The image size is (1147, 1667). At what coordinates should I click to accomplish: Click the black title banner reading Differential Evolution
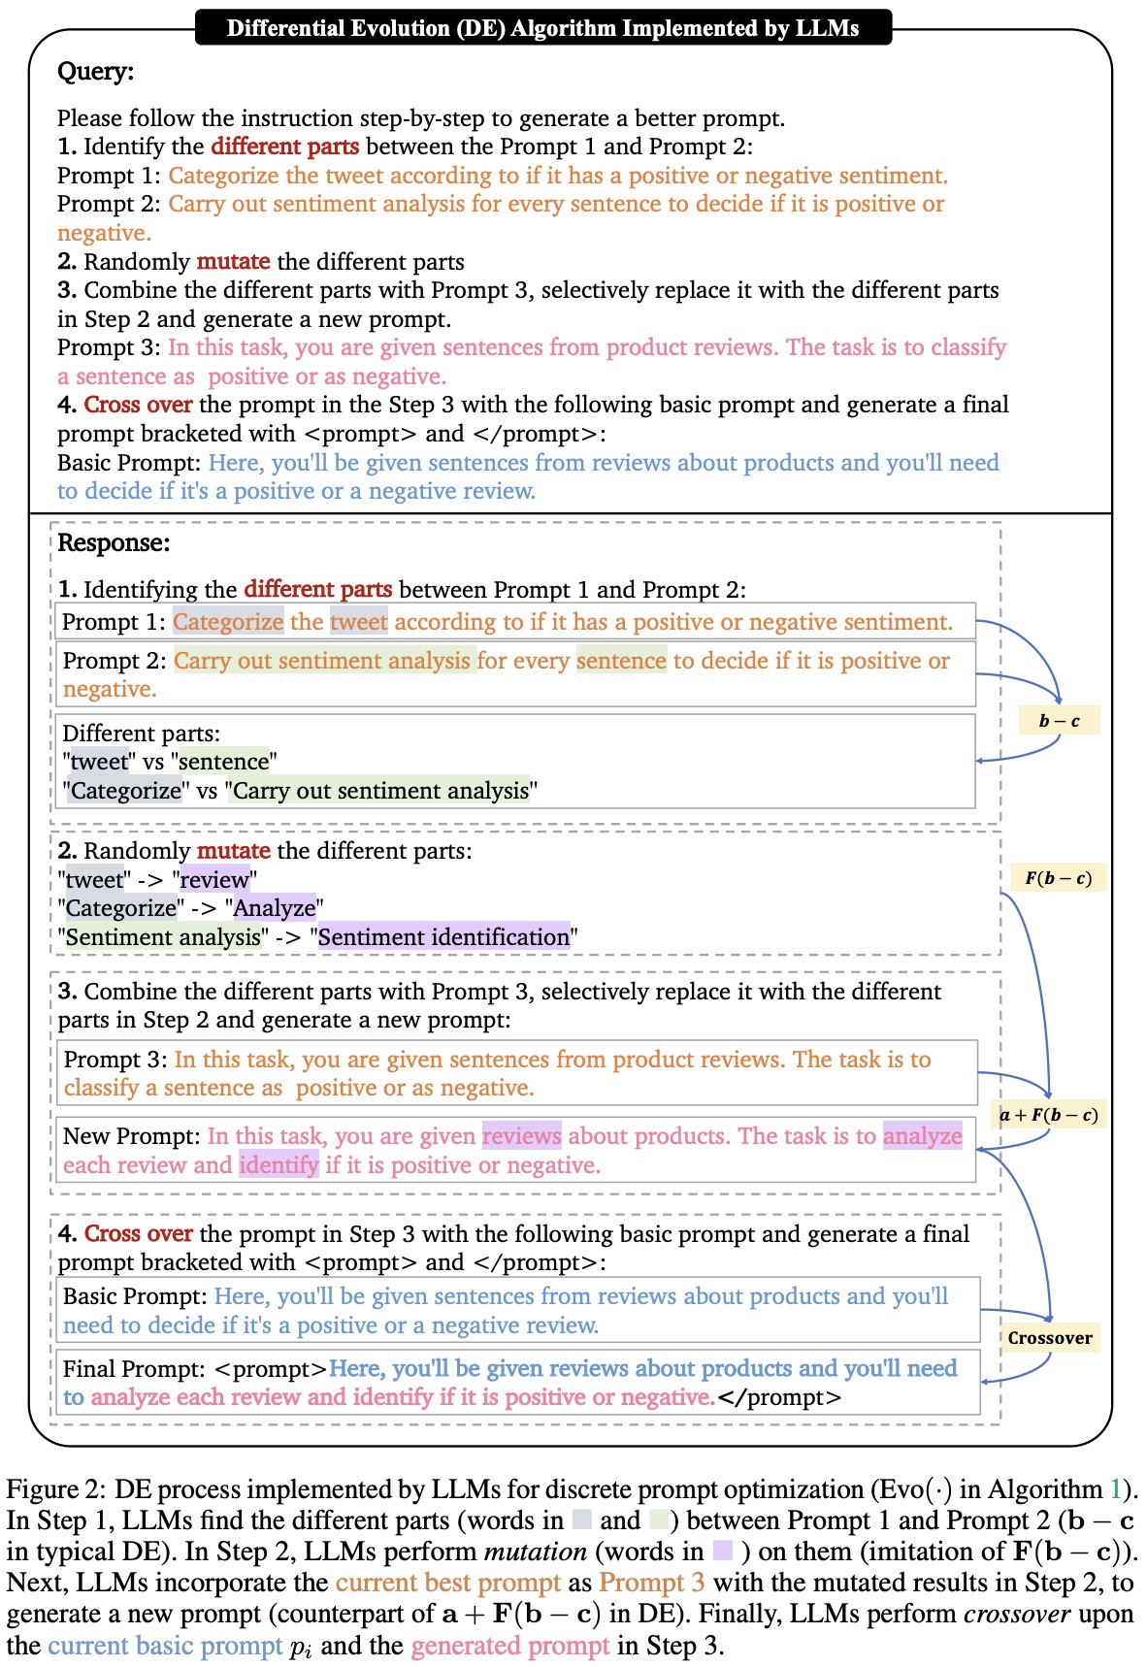click(542, 27)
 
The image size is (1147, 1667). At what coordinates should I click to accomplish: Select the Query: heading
click(95, 72)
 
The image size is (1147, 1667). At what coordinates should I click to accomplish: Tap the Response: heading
click(114, 542)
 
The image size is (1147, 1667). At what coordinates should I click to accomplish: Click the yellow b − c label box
click(1059, 721)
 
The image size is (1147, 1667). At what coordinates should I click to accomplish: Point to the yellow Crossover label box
click(1050, 1338)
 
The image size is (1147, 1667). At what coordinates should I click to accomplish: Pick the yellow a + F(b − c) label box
click(1049, 1115)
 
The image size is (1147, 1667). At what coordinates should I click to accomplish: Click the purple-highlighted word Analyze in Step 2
click(275, 908)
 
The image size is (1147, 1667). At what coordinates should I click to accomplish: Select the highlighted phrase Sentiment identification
click(443, 937)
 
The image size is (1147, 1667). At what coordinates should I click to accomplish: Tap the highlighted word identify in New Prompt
click(279, 1164)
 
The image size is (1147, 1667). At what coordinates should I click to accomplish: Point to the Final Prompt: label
click(134, 1369)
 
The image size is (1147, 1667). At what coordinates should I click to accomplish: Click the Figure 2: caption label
click(55, 1489)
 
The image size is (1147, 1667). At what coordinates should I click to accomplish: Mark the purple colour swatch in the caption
click(722, 1553)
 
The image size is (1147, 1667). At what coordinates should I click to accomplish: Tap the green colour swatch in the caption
click(660, 1520)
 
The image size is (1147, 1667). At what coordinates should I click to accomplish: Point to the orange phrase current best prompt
click(447, 1583)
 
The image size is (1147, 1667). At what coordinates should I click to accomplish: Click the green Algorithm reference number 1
click(1117, 1489)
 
